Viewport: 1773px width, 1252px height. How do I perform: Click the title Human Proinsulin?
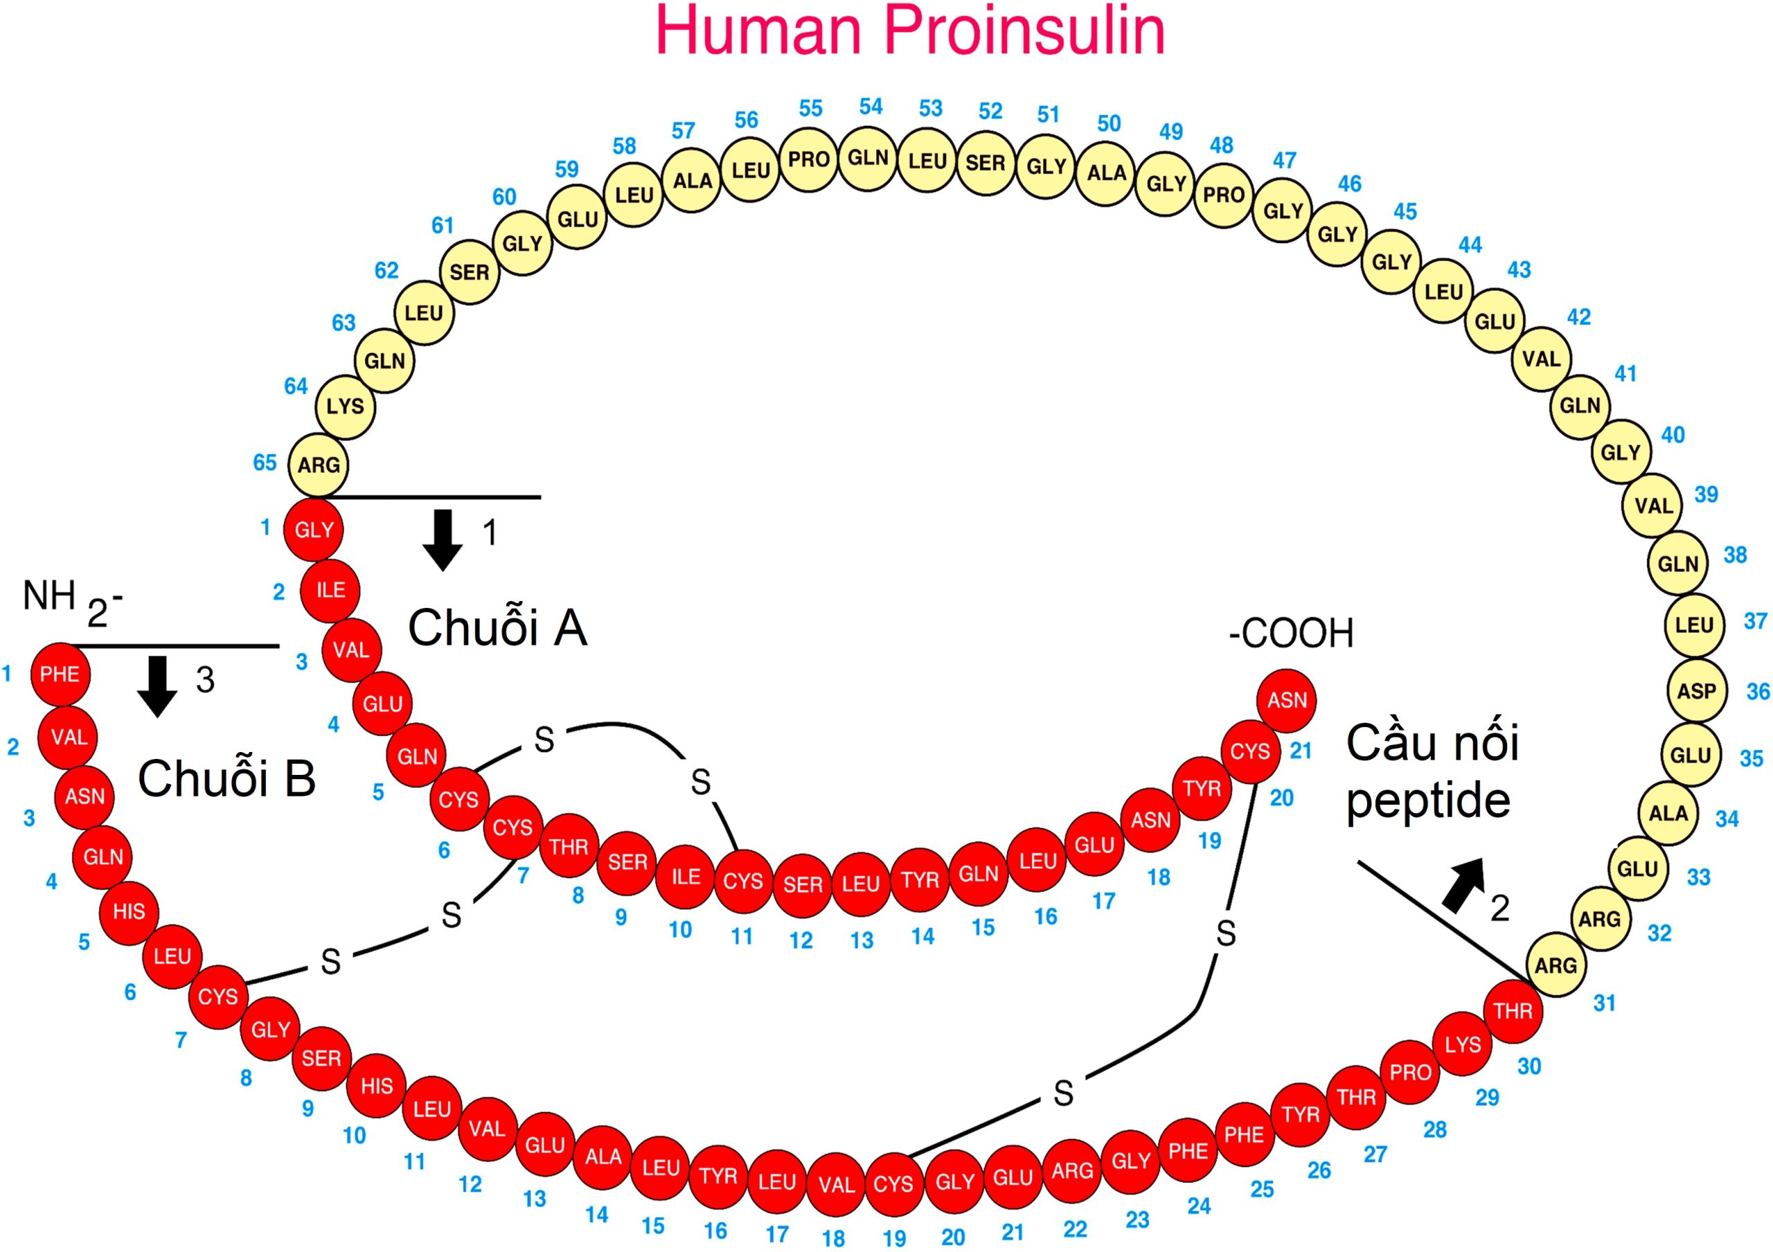[x=909, y=31]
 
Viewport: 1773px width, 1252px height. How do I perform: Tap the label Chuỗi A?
[x=497, y=627]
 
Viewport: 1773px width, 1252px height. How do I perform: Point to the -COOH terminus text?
[x=1291, y=633]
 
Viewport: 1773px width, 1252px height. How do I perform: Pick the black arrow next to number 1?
[x=443, y=539]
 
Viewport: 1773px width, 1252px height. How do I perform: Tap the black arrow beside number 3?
[x=157, y=686]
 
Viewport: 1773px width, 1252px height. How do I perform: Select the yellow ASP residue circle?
[x=1696, y=690]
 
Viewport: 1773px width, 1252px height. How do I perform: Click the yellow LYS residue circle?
[x=345, y=406]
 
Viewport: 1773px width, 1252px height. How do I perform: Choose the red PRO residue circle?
[x=1410, y=1072]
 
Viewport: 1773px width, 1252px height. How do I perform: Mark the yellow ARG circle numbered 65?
[x=318, y=465]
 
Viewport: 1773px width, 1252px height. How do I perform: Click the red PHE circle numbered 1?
[x=60, y=674]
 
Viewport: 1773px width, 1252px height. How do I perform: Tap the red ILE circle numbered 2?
[x=330, y=591]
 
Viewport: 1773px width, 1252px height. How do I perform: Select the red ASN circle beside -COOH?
[x=1287, y=701]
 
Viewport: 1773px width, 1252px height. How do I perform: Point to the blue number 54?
[x=871, y=107]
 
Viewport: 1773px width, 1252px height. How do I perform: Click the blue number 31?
[x=1604, y=1003]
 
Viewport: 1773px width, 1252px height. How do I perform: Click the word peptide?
[x=1428, y=801]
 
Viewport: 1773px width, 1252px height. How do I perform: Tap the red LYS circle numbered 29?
[x=1463, y=1044]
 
